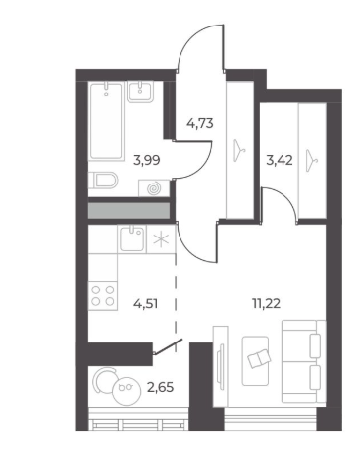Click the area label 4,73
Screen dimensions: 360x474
(x=200, y=124)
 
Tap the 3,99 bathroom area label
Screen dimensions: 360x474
(x=147, y=160)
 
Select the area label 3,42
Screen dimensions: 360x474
(x=280, y=161)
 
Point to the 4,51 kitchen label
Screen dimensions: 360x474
(x=146, y=304)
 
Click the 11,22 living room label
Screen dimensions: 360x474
(x=266, y=304)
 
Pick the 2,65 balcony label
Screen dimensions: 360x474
(x=160, y=388)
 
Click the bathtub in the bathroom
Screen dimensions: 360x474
(x=106, y=122)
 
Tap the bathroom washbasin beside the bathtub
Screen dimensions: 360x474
(x=140, y=92)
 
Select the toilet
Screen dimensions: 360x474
(x=103, y=181)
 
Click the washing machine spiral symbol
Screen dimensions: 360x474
(x=154, y=188)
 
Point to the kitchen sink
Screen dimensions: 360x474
(x=131, y=238)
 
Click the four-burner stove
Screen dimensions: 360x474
(x=103, y=295)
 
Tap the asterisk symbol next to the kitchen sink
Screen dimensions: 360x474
(x=161, y=239)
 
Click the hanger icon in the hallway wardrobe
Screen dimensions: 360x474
(x=240, y=151)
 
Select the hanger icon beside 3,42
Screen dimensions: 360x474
(x=312, y=160)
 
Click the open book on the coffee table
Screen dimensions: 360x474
(x=260, y=358)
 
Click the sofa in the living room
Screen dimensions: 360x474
(x=304, y=361)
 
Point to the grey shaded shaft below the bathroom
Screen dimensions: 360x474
(x=129, y=211)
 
